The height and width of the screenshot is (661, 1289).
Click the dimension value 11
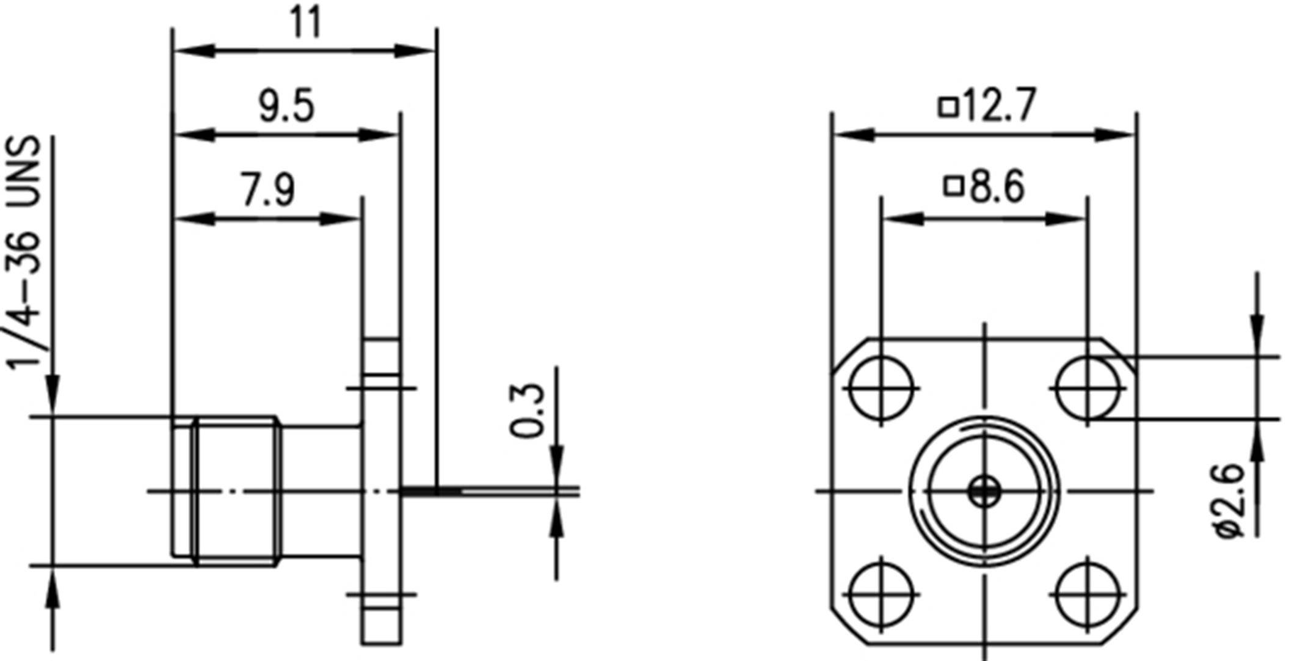305,23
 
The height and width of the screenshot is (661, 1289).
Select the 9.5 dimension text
286,106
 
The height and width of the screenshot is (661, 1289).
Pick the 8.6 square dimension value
997,187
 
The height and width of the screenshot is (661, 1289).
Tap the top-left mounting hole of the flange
881,388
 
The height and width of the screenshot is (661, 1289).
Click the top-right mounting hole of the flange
1087,388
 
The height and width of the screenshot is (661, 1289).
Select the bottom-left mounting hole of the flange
881,594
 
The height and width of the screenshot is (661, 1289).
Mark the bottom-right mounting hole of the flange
1087,594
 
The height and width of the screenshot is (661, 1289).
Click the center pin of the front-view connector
984,491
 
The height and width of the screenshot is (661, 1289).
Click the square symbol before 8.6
954,186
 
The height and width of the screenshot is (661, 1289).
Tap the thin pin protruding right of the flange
488,491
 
